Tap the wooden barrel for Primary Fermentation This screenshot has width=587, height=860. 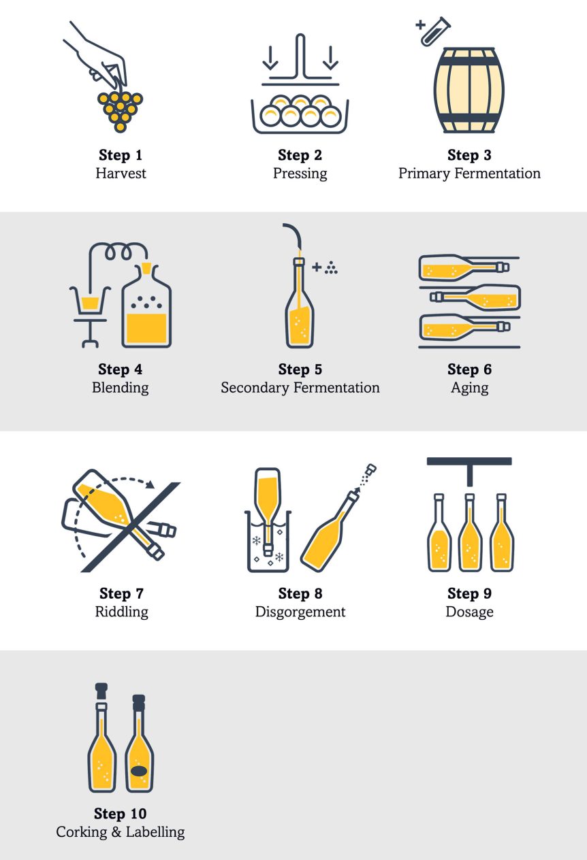point(469,90)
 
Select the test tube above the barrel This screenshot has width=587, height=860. point(432,32)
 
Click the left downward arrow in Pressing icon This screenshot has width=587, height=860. point(270,58)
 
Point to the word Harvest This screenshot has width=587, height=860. point(121,173)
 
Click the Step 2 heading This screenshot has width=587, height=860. point(300,156)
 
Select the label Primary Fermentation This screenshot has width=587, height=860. point(469,173)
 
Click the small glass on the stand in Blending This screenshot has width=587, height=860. point(89,301)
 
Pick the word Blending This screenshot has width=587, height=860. point(121,388)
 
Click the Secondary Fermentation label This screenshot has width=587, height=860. point(300,388)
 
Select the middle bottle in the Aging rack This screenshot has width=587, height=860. point(476,297)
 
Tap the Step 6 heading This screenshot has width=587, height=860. point(469,369)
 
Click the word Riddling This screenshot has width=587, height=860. point(121,612)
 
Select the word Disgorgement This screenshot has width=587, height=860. point(300,612)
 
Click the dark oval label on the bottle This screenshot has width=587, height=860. point(139,772)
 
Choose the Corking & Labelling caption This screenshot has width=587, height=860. point(120,831)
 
